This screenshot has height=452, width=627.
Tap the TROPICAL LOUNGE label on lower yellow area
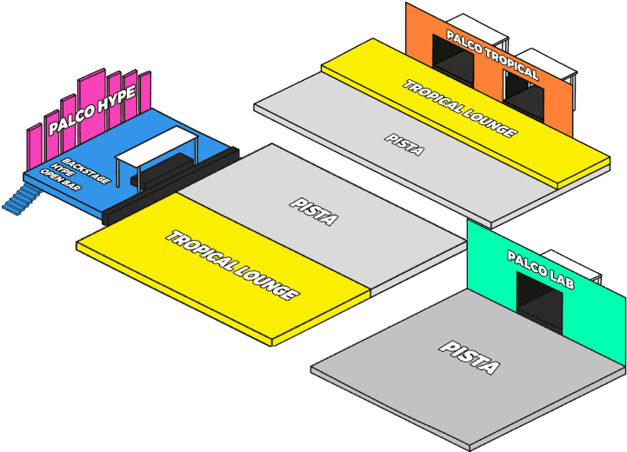point(232,265)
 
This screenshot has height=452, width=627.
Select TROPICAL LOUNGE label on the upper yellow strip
point(459,109)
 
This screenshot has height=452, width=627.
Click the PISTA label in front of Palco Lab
point(470,356)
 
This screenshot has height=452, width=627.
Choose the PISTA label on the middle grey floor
point(313,211)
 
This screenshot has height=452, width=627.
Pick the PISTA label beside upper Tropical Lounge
point(405,143)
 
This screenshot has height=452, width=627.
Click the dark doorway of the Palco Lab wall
point(539,300)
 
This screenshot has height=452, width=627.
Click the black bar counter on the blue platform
point(161,170)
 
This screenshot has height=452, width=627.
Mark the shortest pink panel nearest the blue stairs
point(35,148)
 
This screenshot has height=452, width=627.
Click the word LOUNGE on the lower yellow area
point(264,281)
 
